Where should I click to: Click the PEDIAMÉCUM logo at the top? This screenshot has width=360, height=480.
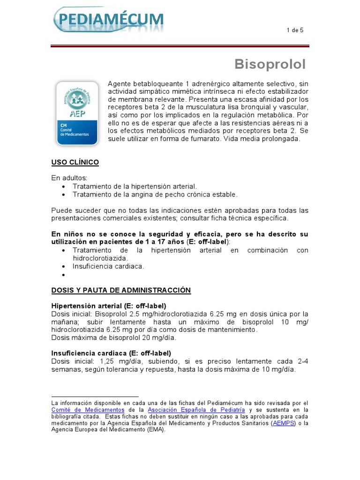109,20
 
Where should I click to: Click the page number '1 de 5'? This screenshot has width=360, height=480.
295,30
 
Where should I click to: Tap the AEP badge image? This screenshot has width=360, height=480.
77,113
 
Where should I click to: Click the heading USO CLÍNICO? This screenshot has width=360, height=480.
75,162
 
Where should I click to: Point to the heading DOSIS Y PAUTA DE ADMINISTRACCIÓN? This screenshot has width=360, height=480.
121,290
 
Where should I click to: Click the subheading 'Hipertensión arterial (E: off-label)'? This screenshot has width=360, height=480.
109,306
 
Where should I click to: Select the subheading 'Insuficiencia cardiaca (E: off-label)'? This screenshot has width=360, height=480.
111,353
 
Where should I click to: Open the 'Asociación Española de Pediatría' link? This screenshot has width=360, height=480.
186,410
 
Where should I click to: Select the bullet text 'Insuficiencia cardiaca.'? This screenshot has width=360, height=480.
108,266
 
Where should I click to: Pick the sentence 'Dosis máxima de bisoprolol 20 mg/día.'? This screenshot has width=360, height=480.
113,337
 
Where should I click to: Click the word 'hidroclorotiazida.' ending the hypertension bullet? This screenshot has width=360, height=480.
100,258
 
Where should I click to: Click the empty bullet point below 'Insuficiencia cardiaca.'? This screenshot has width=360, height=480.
64,274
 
